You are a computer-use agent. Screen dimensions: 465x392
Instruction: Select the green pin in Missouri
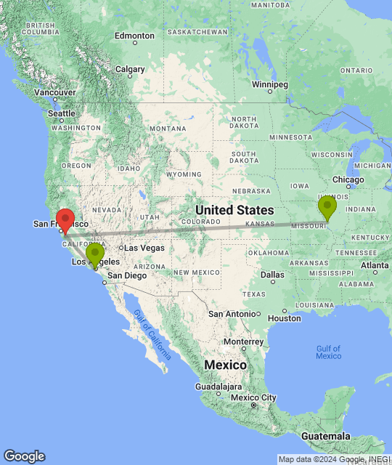(x=327, y=207)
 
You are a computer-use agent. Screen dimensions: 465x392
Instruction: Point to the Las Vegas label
(x=144, y=248)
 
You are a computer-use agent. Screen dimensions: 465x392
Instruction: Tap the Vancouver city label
(x=55, y=93)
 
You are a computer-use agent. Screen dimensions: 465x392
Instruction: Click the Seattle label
(x=62, y=113)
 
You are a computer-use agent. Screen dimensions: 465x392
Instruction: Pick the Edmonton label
(x=134, y=36)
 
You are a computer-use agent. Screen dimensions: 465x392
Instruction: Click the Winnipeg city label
(x=266, y=84)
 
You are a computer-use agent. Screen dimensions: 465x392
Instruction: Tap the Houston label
(x=283, y=318)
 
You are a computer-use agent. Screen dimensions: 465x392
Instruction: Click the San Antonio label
(x=232, y=313)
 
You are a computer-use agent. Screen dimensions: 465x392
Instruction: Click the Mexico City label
(x=254, y=397)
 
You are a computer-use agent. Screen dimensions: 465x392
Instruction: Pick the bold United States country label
(x=234, y=210)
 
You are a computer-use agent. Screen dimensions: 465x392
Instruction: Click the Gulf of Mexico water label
(x=328, y=352)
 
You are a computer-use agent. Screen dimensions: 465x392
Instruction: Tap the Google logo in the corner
(x=23, y=456)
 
